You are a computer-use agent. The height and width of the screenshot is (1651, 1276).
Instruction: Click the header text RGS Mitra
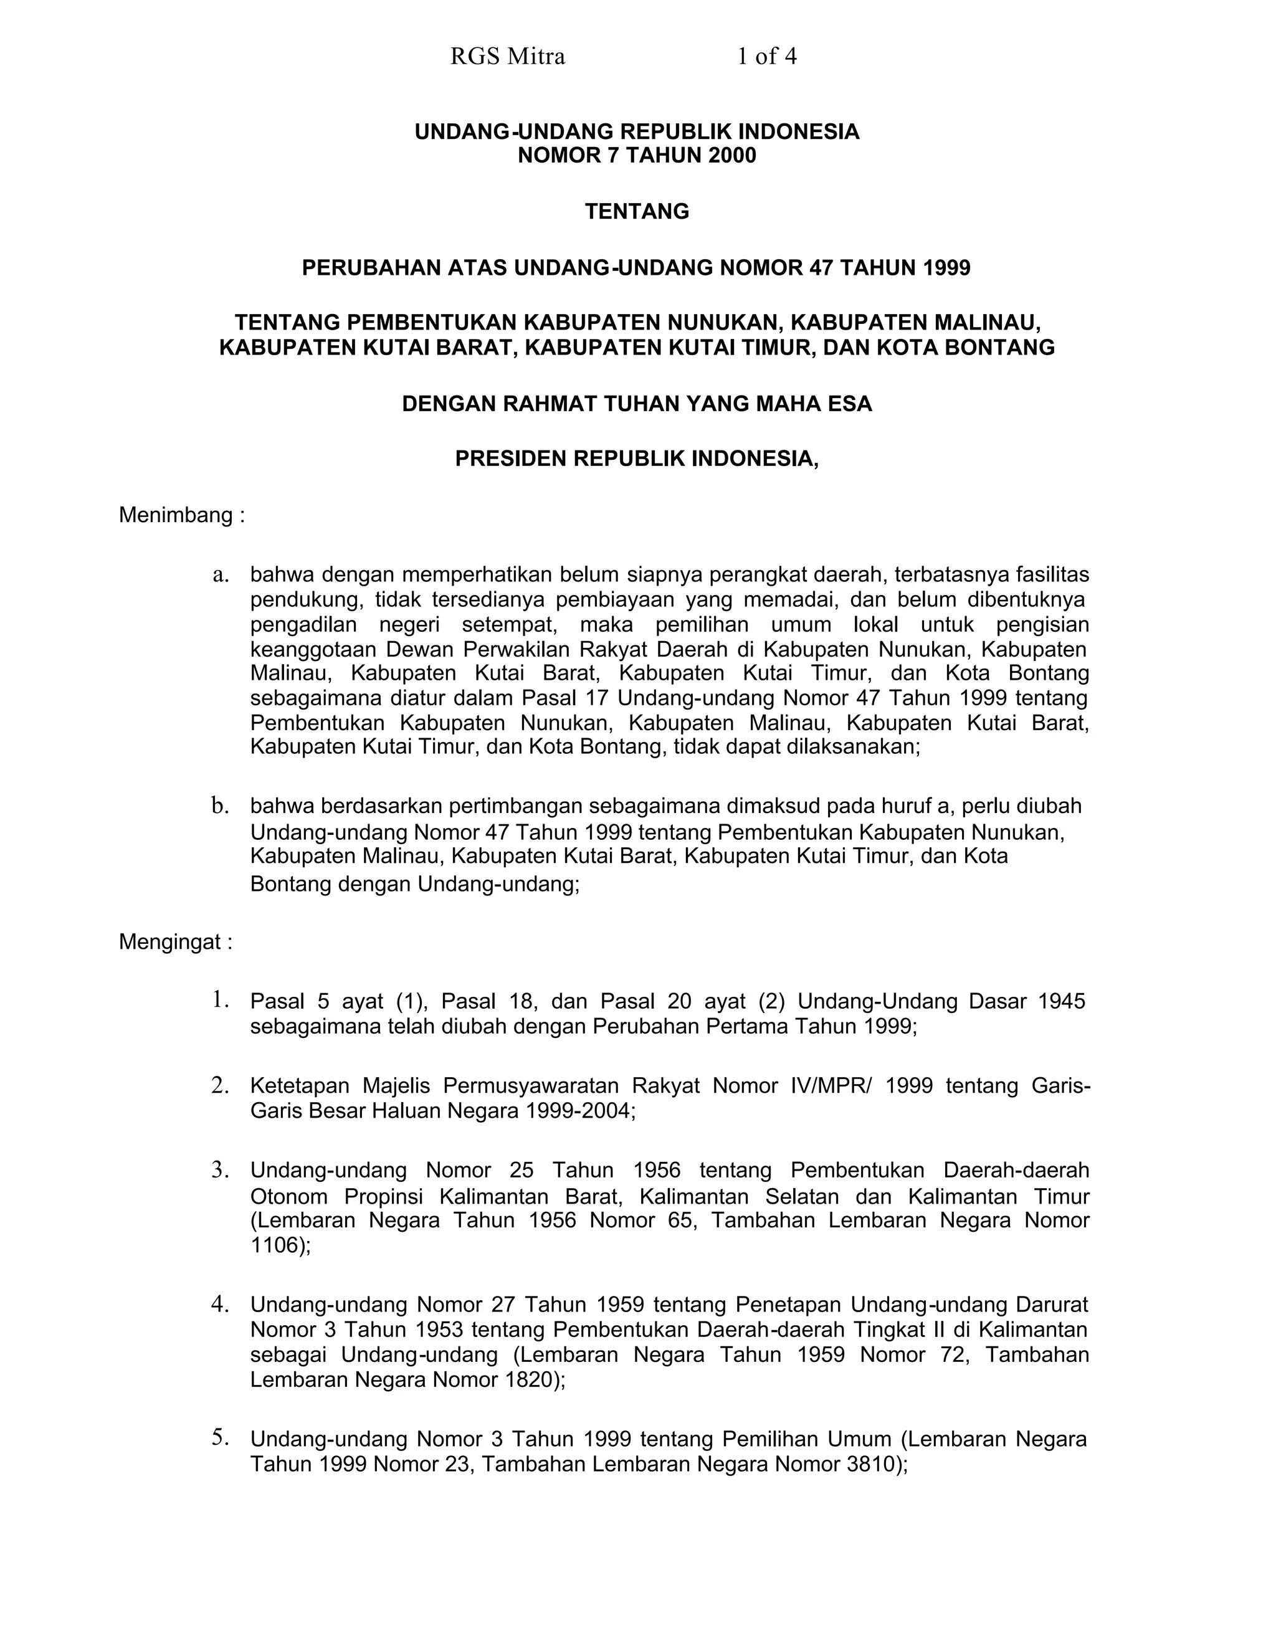(507, 57)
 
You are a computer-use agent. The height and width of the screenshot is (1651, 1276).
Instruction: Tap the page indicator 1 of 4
(766, 57)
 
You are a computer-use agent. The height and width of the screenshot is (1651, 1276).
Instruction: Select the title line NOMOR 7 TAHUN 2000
(637, 156)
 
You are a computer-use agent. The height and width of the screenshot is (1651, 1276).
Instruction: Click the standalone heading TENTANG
(637, 212)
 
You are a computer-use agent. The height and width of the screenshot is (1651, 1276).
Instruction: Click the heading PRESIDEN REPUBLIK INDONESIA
(637, 459)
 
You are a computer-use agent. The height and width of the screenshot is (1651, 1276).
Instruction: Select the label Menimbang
(175, 516)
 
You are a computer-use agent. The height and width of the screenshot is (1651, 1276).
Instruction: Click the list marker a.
(220, 574)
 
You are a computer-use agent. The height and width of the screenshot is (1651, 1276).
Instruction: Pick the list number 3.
(220, 1170)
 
